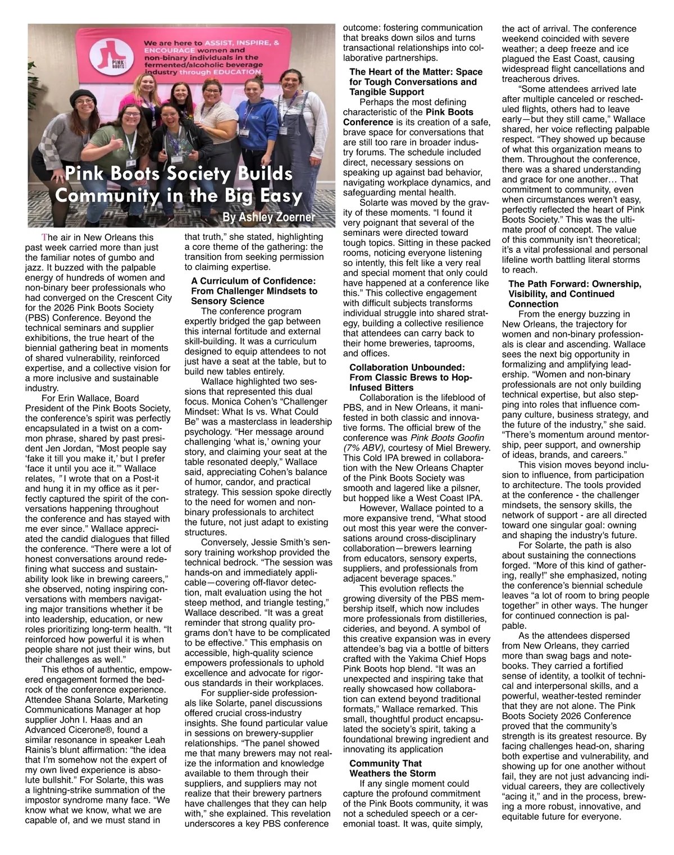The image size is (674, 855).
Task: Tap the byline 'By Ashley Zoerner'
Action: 268,217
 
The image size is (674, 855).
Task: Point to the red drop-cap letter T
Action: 45,238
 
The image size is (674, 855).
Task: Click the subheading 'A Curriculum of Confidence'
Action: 253,281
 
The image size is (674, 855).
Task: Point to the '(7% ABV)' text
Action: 363,448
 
